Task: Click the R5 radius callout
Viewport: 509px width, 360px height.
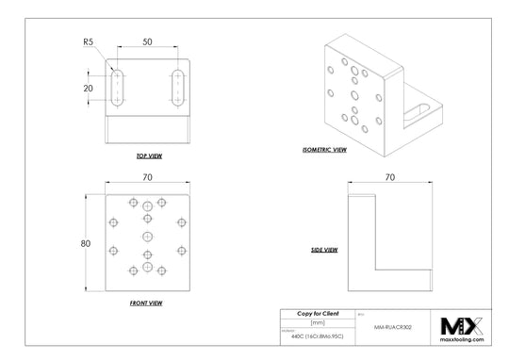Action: [88, 41]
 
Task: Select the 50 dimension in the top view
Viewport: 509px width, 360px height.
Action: [148, 42]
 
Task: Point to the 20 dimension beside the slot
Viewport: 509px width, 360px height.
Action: [89, 88]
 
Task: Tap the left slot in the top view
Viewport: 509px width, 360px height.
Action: [118, 87]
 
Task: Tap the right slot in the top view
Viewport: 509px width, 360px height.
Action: [178, 87]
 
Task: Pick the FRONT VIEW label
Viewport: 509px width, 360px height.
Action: [145, 303]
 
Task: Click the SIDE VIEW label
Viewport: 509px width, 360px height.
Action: [324, 251]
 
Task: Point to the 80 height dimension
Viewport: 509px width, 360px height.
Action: [85, 243]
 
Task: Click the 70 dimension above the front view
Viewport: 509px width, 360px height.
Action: [147, 176]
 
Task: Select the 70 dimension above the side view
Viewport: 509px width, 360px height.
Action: [390, 176]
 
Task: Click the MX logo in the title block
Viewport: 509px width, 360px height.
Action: [462, 325]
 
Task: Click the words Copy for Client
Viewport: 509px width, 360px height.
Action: [318, 312]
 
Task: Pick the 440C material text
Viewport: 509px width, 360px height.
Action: [317, 336]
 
